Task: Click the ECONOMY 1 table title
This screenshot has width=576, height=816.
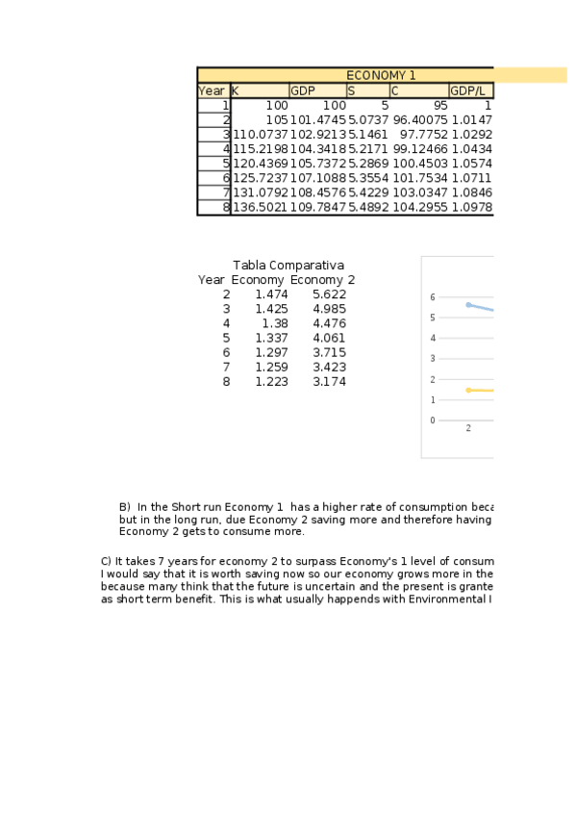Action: (x=381, y=75)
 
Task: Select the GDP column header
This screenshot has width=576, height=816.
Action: (x=303, y=90)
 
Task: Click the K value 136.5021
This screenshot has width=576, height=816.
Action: (x=260, y=207)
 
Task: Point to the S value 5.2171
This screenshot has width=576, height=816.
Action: (x=367, y=149)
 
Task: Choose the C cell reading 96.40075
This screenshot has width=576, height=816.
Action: (x=419, y=120)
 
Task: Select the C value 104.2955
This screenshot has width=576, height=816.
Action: (x=419, y=207)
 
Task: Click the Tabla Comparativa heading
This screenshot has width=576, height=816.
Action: (x=288, y=266)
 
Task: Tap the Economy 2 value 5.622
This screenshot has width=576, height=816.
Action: (x=329, y=294)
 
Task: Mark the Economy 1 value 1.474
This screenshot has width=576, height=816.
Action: (x=271, y=294)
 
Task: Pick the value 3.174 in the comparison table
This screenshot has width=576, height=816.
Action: (x=329, y=382)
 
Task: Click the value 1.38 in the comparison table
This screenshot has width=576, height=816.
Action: (x=275, y=323)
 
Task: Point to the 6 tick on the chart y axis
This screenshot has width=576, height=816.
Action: (x=433, y=297)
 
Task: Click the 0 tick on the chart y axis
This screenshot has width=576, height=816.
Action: (x=433, y=421)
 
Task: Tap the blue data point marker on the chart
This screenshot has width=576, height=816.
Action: (x=468, y=304)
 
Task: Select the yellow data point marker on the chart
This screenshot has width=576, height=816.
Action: (x=468, y=390)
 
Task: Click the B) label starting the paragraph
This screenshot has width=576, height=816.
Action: (x=124, y=507)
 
